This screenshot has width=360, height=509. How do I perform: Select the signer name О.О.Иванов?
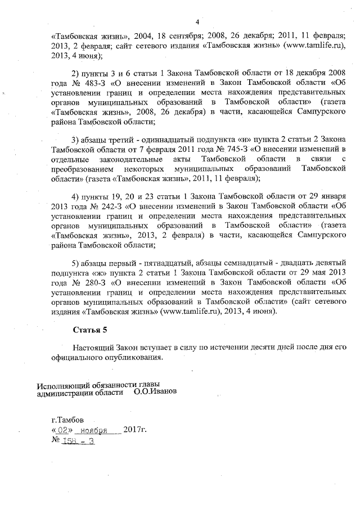pyautogui.click(x=155, y=392)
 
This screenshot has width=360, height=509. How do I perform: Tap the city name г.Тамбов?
pyautogui.click(x=67, y=419)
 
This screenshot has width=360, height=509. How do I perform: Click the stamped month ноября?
pyautogui.click(x=93, y=431)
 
